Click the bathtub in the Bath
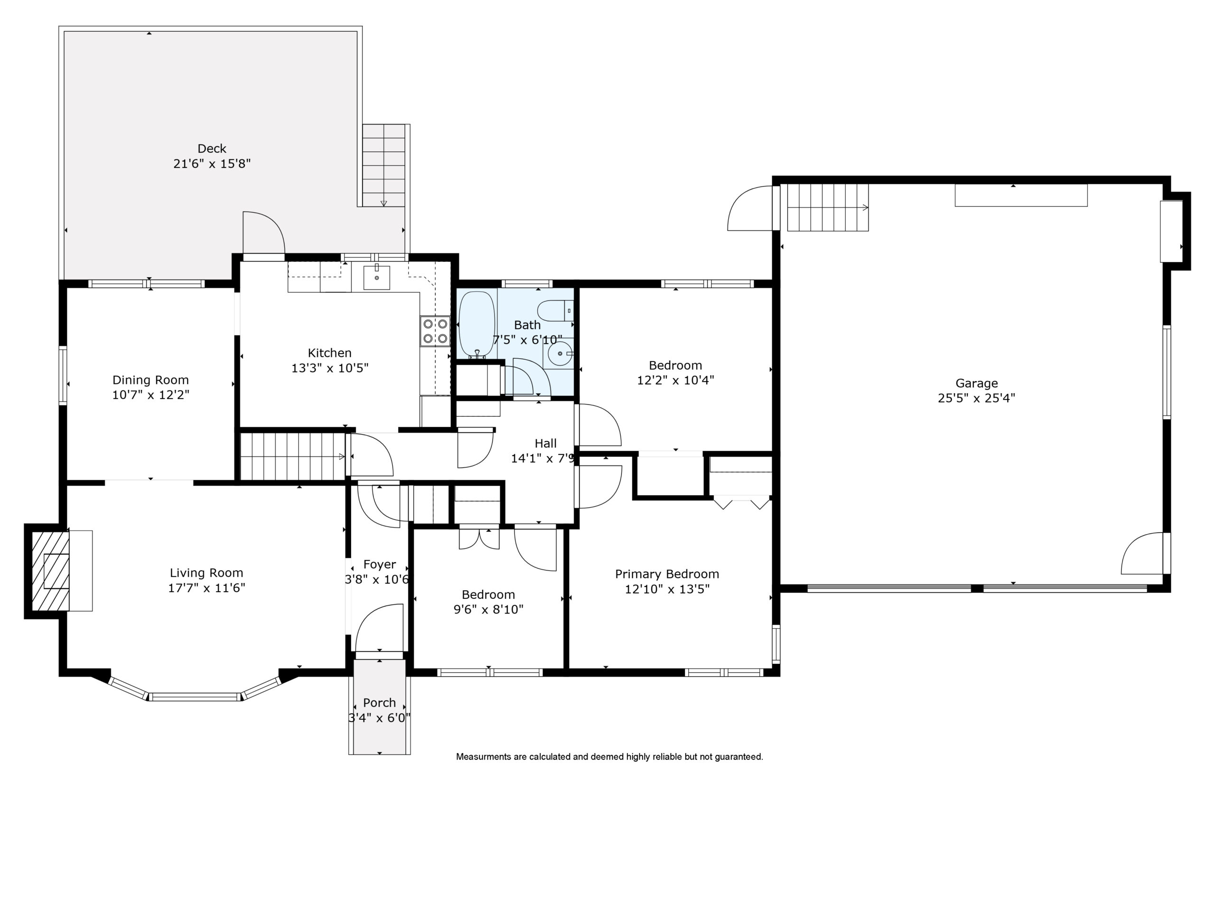[477, 324]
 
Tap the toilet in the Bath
[555, 311]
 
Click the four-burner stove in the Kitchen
[435, 331]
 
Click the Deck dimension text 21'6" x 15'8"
[212, 164]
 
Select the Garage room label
[976, 383]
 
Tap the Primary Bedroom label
[667, 574]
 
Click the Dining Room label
[150, 380]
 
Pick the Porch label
[380, 703]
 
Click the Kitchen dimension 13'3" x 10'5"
[329, 368]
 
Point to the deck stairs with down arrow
[384, 165]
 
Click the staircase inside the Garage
[828, 207]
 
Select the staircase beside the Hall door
[293, 457]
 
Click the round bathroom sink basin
[560, 353]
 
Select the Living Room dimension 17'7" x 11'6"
[206, 588]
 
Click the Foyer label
[380, 565]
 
